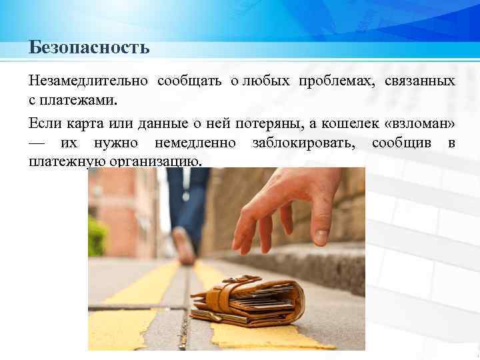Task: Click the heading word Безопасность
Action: (x=89, y=49)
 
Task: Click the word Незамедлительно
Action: (x=88, y=81)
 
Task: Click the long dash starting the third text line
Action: (x=39, y=143)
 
